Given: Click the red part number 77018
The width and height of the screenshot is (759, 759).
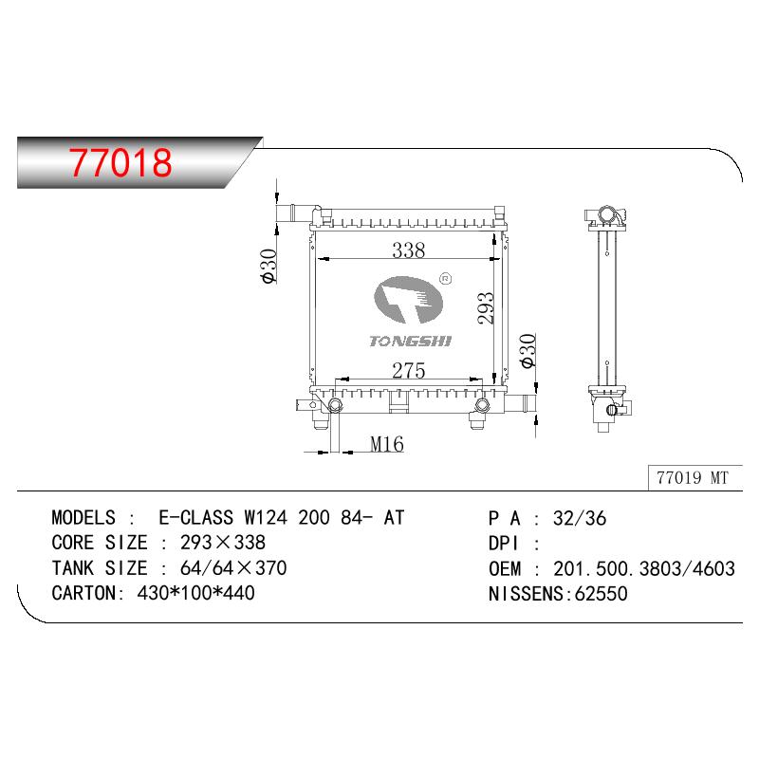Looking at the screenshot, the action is click(x=120, y=162).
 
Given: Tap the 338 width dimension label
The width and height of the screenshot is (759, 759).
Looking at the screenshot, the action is click(x=409, y=250).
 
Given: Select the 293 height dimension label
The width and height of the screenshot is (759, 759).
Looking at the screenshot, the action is click(x=486, y=307).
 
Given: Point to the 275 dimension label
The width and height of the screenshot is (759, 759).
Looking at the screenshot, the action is click(x=409, y=371).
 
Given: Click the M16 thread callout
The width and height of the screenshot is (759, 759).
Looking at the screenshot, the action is click(x=387, y=444).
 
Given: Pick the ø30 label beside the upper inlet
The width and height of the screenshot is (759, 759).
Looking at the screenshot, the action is click(x=268, y=266).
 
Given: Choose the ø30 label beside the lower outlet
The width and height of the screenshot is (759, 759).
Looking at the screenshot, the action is click(x=528, y=350).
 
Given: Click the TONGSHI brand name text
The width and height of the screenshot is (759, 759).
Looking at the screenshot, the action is click(x=411, y=342).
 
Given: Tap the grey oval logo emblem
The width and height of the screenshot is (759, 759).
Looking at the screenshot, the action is click(x=409, y=300).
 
